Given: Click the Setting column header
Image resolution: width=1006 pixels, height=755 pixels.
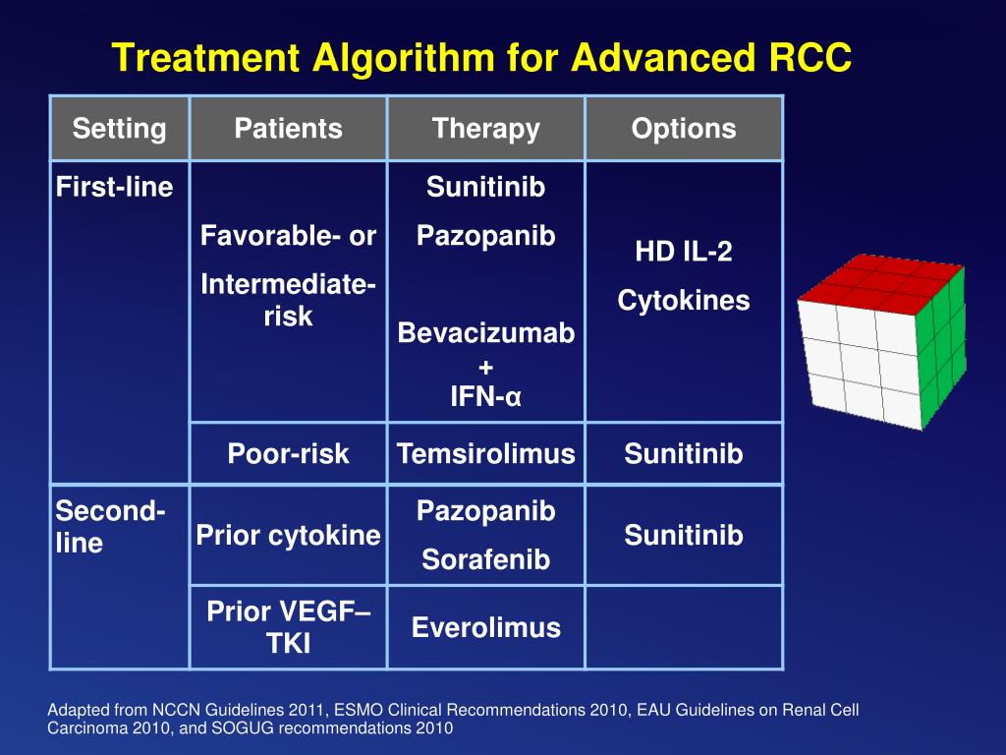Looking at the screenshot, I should (119, 129).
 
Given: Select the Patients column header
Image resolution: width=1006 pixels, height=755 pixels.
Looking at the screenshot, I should (288, 129).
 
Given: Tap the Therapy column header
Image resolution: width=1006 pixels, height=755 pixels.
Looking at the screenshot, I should (485, 129).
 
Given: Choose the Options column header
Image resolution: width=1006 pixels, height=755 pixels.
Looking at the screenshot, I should (683, 129).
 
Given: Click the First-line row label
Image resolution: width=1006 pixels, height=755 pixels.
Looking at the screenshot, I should (114, 187).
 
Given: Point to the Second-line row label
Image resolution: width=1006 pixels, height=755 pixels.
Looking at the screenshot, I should (110, 527).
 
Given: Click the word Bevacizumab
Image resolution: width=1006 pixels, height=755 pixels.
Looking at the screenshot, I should (485, 333).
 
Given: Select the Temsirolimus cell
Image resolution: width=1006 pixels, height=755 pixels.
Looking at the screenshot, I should (485, 453).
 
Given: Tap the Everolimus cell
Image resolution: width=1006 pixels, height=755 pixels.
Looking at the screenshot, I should (485, 627).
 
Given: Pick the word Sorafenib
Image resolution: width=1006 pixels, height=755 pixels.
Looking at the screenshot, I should (485, 559).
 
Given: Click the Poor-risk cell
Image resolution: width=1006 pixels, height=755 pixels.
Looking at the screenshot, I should (288, 453).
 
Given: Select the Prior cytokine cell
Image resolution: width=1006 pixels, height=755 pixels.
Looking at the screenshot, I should (288, 535).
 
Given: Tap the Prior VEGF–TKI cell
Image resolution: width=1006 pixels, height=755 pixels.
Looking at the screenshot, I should (288, 627).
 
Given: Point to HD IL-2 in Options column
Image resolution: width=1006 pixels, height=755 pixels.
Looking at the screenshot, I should (683, 252).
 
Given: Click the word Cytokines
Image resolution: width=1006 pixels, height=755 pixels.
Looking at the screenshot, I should (683, 301).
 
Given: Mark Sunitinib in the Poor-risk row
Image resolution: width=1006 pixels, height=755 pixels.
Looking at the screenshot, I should (683, 453).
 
